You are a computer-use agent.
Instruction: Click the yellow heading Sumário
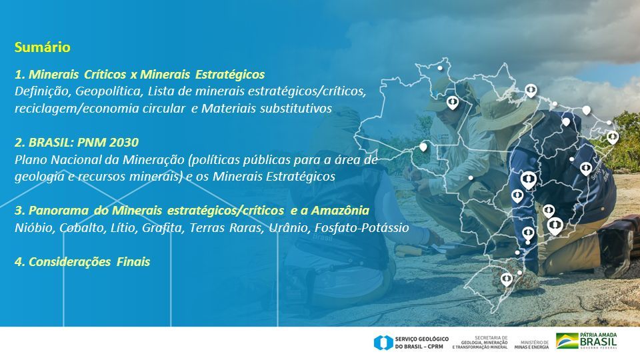[x=43, y=47]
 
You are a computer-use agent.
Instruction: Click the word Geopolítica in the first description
[x=109, y=91]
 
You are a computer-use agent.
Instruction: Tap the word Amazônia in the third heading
[x=340, y=211]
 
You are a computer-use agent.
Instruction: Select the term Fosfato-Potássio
[x=361, y=228]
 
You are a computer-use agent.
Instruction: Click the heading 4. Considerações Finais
[x=83, y=261]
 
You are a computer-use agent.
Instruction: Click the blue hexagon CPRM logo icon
[x=383, y=343]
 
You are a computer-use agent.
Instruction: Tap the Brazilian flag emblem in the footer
[x=567, y=341]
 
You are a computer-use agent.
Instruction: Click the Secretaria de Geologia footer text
[x=480, y=343]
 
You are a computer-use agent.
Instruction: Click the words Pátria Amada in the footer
[x=599, y=335]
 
